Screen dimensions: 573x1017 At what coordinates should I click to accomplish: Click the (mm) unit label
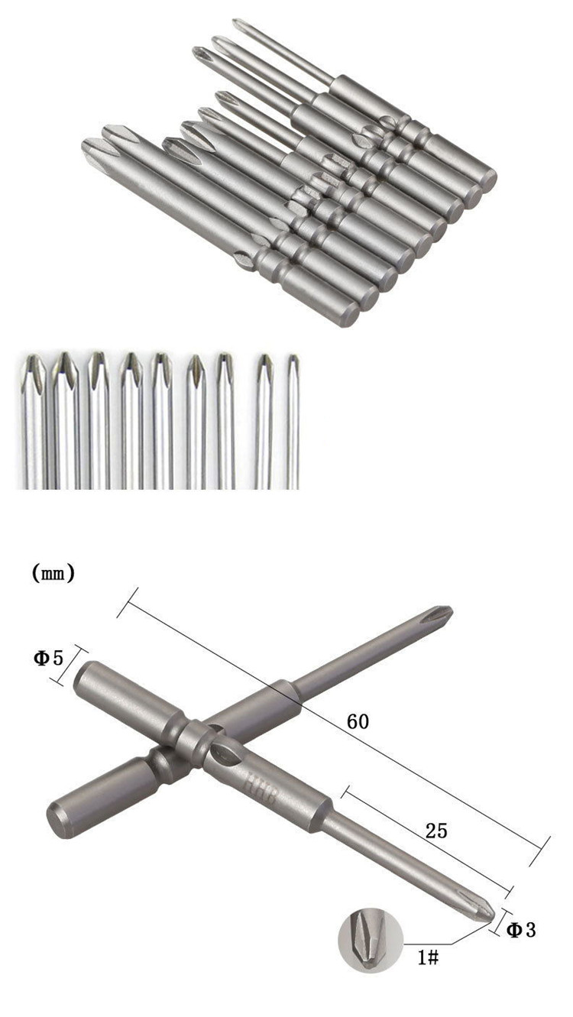pos(53,574)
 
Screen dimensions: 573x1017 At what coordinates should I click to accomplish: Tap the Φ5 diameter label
pos(49,658)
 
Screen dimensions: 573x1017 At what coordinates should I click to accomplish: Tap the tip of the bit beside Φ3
pos(493,918)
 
